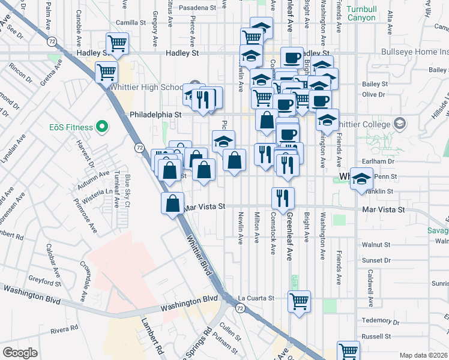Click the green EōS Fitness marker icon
point(101,127)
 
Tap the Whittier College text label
point(368,124)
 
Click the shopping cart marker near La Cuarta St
point(298,301)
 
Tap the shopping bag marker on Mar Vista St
point(173,203)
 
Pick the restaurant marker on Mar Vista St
point(282,197)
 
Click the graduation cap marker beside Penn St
point(361,179)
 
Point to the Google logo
point(20,353)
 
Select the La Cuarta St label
point(256,298)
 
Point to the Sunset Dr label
point(377,261)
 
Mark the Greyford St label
point(44,282)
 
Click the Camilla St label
point(131,23)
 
